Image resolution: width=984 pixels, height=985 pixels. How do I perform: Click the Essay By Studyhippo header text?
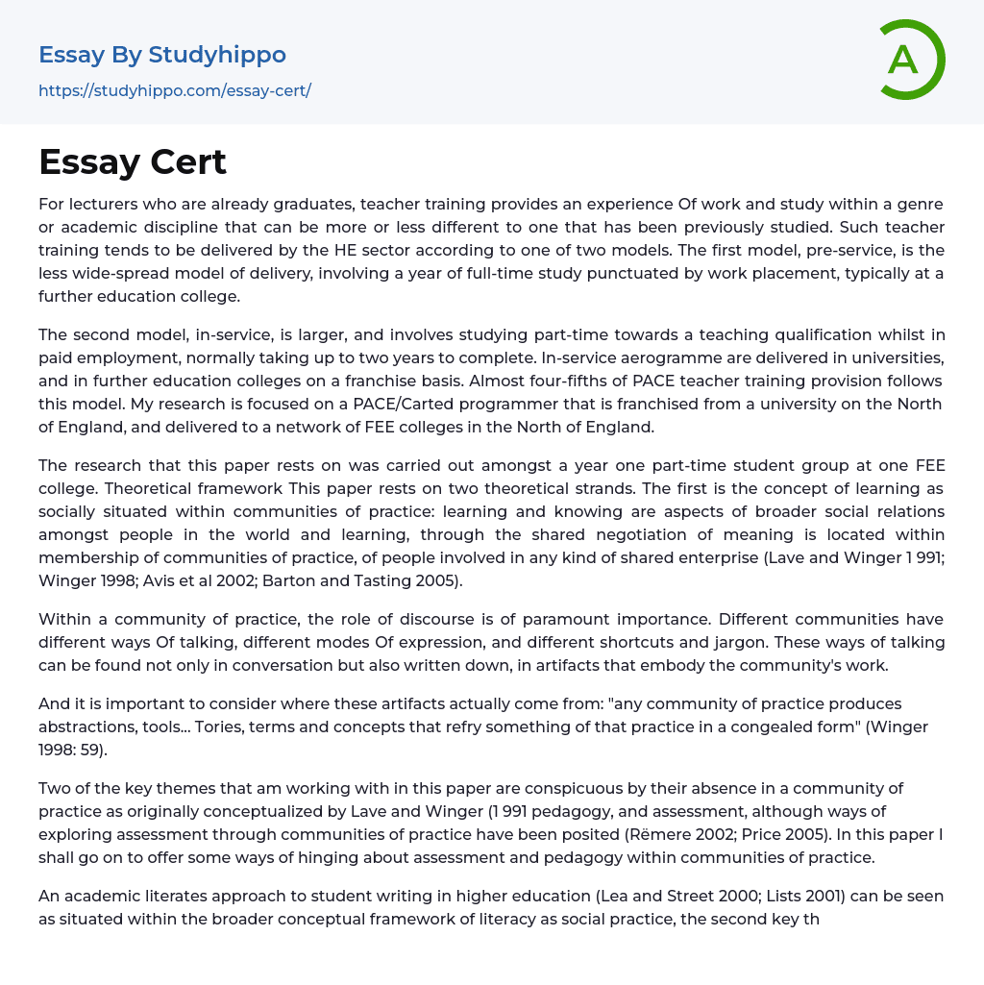(162, 55)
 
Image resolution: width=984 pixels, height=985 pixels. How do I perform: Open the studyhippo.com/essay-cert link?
(175, 90)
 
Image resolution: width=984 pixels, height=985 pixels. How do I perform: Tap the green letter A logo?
(903, 60)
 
